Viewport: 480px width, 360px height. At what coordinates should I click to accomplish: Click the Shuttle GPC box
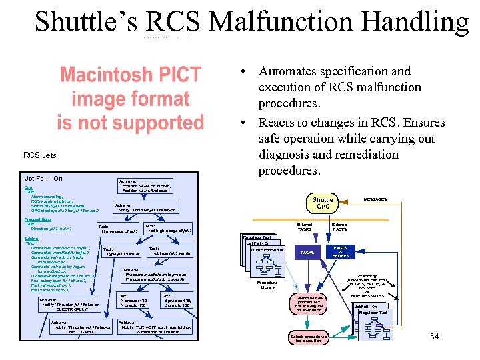(x=323, y=203)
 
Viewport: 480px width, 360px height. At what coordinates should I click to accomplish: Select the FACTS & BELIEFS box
(x=340, y=251)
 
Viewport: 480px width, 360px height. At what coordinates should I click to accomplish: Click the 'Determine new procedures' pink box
(x=307, y=303)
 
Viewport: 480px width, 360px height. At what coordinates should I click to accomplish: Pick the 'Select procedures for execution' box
(x=307, y=338)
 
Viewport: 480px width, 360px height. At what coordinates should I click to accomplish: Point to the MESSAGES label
(x=375, y=199)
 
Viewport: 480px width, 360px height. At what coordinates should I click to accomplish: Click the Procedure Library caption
(x=267, y=285)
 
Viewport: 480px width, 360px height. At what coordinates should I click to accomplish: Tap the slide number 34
(x=434, y=337)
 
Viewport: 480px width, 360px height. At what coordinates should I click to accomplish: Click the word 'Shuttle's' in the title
(x=86, y=22)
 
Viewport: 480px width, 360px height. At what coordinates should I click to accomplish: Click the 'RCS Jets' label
(x=40, y=156)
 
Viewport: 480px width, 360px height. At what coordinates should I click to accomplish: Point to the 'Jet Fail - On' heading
(x=43, y=179)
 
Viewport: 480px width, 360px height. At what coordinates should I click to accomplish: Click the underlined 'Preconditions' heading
(x=37, y=219)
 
